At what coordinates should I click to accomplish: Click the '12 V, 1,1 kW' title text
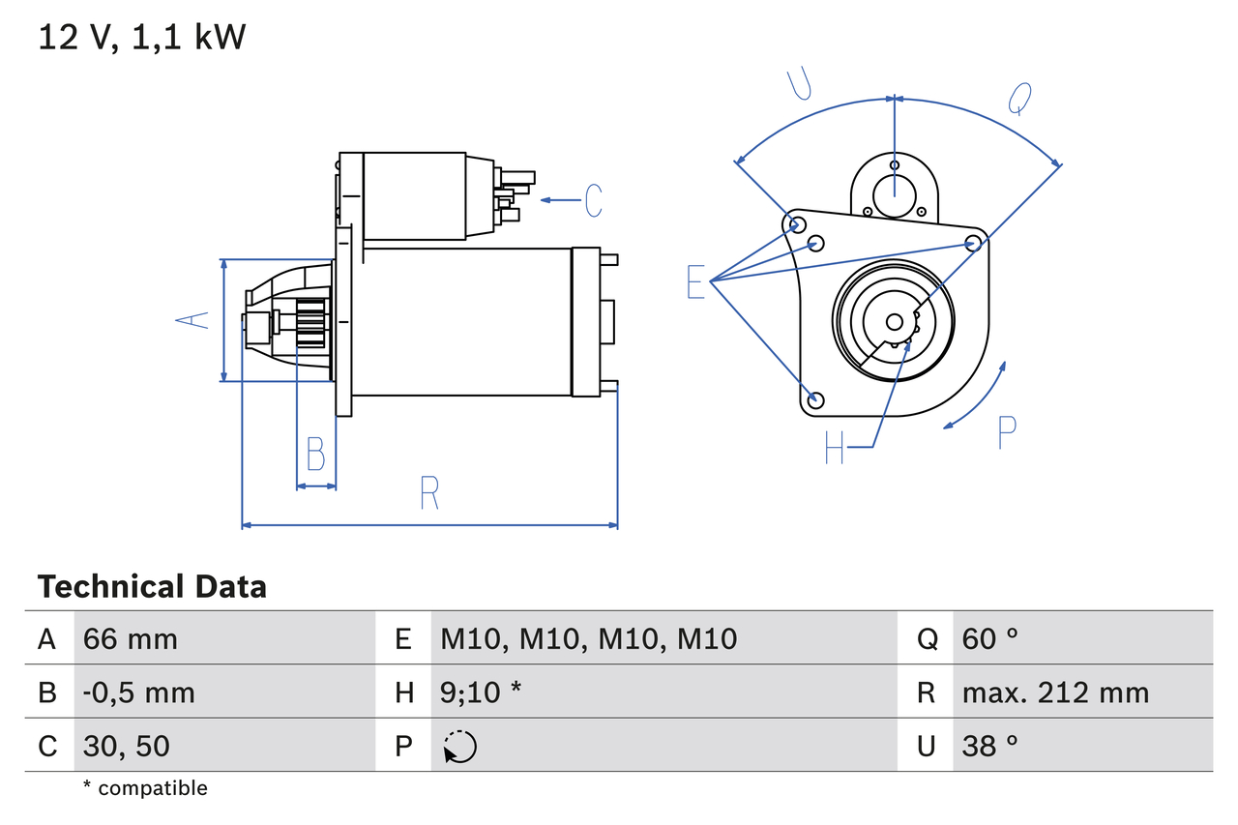142,38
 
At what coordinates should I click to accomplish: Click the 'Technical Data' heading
152,587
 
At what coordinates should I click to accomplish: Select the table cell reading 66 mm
130,638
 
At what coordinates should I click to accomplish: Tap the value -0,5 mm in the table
138,692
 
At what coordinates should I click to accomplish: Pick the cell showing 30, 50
126,746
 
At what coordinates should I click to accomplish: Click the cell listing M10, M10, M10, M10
588,638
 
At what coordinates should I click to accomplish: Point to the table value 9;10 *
481,692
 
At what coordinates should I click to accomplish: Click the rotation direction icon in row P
459,747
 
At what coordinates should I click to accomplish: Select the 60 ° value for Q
990,638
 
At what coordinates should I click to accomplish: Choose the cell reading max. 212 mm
1055,692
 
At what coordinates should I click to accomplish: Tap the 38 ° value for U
990,746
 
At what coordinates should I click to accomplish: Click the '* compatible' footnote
145,788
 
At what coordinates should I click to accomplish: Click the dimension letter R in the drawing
429,493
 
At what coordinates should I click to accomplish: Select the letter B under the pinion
315,454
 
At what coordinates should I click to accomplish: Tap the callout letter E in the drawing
695,281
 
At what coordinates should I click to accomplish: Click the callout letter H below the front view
835,447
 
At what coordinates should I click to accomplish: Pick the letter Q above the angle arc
1019,98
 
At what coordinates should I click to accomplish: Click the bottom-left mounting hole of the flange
815,399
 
